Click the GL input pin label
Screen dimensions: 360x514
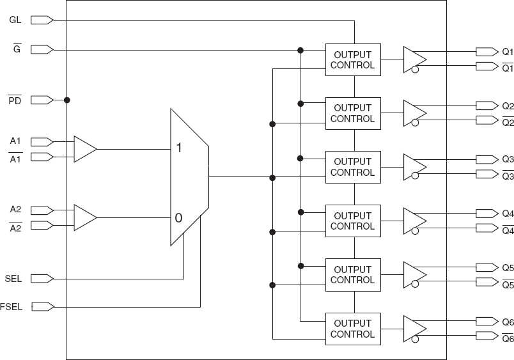tap(15, 20)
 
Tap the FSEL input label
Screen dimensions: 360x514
tap(12, 307)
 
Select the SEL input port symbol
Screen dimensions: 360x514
tap(42, 278)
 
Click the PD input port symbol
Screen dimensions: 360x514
tap(42, 100)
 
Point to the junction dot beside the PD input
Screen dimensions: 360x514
tap(66, 100)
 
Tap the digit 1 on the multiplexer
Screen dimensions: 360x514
tap(179, 148)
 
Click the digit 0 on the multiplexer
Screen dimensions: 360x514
tap(179, 218)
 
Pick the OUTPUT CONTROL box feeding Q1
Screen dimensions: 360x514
tap(352, 60)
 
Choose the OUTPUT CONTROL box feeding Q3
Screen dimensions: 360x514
tap(352, 167)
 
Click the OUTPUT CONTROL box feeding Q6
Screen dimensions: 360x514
tap(352, 329)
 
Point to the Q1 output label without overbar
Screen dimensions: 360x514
tap(507, 51)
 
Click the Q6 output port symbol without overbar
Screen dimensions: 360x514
tap(486, 321)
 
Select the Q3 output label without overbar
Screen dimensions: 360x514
tap(507, 159)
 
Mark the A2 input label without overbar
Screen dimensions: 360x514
tap(16, 209)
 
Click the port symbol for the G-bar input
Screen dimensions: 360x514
tap(42, 49)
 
